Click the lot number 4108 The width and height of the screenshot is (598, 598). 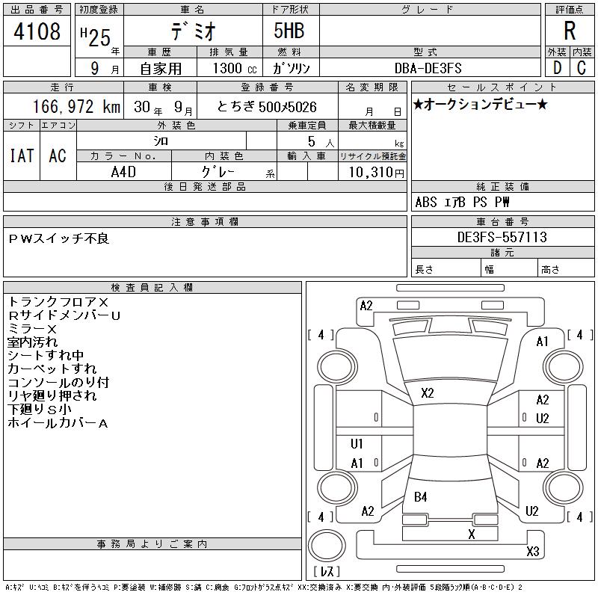point(37,31)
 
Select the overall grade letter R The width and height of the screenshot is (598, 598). point(570,31)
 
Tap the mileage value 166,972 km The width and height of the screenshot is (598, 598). point(76,106)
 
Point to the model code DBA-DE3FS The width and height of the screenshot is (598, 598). point(428,68)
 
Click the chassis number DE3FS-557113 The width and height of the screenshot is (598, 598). point(502,237)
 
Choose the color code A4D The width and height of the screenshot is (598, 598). point(123,172)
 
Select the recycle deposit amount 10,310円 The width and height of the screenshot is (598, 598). point(376,173)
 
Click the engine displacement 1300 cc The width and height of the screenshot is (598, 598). point(235,68)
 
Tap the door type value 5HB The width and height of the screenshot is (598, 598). point(289,31)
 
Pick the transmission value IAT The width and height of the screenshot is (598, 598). point(22,155)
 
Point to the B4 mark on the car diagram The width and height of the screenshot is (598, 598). point(420,497)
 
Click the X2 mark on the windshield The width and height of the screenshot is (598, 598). point(427,393)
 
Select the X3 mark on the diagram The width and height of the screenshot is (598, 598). point(532,551)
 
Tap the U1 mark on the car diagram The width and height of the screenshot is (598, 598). point(357,443)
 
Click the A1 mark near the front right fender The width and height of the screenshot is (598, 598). point(542,342)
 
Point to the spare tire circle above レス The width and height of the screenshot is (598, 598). point(327,546)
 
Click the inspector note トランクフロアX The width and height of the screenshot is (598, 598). point(58,302)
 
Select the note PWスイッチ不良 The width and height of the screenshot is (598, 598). point(59,238)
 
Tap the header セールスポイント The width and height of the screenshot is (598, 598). point(502,87)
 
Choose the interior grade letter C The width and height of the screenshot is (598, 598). point(582,68)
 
